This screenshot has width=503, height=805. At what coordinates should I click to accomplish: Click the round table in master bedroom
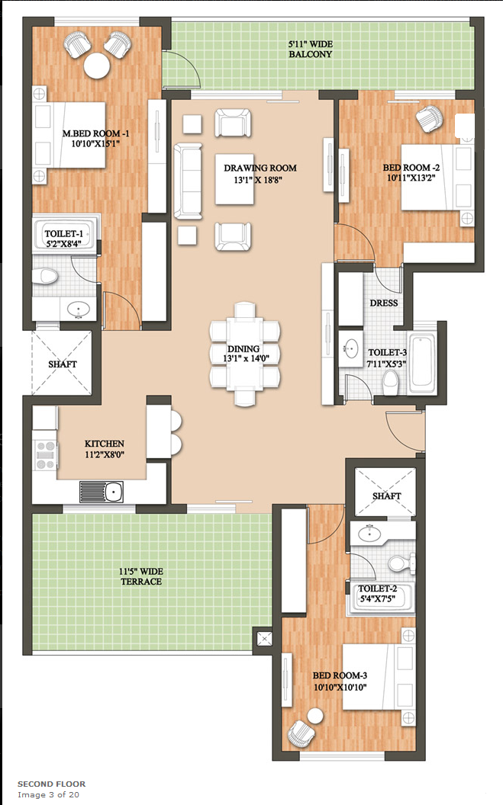(97, 66)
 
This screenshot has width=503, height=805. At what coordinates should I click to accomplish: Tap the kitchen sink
(102, 492)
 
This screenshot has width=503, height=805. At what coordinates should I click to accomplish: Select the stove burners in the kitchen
(45, 455)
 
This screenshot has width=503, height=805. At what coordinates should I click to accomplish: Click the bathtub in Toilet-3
(422, 361)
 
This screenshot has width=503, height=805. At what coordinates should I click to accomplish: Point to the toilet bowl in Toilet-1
(45, 276)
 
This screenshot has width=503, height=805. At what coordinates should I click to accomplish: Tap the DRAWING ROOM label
(260, 168)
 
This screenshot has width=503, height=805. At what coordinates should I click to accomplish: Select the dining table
(244, 354)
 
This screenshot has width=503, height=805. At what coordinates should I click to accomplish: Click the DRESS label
(384, 303)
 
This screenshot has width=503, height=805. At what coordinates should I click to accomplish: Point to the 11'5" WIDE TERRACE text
(140, 576)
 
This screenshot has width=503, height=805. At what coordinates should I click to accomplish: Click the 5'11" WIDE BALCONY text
(311, 50)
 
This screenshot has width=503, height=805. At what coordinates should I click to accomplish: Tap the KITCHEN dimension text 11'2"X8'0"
(105, 454)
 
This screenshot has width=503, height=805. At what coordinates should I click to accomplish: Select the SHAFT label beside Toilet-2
(386, 496)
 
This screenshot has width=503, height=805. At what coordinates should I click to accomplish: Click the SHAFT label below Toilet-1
(63, 364)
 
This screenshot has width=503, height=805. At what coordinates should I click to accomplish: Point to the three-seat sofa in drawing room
(188, 181)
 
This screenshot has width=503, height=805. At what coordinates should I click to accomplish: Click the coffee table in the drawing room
(235, 179)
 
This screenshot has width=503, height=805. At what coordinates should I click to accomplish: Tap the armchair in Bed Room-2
(430, 118)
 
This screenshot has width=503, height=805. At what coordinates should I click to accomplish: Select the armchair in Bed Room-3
(301, 733)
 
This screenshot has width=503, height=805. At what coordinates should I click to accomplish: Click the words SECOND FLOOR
(51, 784)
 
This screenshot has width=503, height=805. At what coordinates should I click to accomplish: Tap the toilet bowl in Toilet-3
(391, 383)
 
